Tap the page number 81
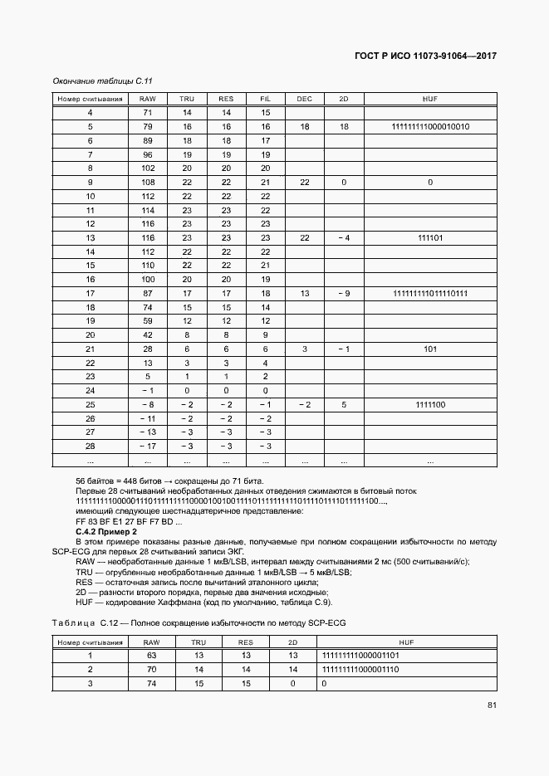pyautogui.click(x=493, y=705)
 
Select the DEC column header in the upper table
pyautogui.click(x=304, y=99)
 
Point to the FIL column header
pyautogui.click(x=266, y=99)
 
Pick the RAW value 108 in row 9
pyautogui.click(x=148, y=182)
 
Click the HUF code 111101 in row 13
pyautogui.click(x=430, y=237)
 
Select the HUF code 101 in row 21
pyautogui.click(x=430, y=349)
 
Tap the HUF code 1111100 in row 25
pyautogui.click(x=430, y=404)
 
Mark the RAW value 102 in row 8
pyautogui.click(x=148, y=168)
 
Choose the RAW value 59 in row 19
pyautogui.click(x=148, y=320)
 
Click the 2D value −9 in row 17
pyautogui.click(x=343, y=293)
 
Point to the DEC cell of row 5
pyautogui.click(x=304, y=126)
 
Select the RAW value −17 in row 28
pyautogui.click(x=148, y=446)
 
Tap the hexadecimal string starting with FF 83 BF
pyautogui.click(x=113, y=520)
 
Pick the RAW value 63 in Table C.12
pyautogui.click(x=151, y=655)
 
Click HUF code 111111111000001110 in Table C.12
pyautogui.click(x=361, y=669)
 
